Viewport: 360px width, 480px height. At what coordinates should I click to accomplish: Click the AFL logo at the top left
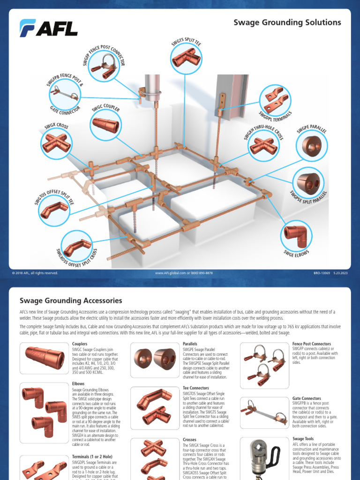pyautogui.click(x=48, y=28)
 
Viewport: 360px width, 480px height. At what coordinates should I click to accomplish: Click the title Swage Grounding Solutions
pyautogui.click(x=287, y=22)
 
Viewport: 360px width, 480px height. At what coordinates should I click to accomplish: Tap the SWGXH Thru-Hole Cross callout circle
pyautogui.click(x=263, y=145)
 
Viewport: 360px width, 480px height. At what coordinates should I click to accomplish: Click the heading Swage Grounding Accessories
pyautogui.click(x=70, y=300)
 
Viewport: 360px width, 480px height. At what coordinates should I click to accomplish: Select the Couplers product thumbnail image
pyautogui.click(x=45, y=358)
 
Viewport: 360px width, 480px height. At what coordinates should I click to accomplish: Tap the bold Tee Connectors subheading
pyautogui.click(x=196, y=388)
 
